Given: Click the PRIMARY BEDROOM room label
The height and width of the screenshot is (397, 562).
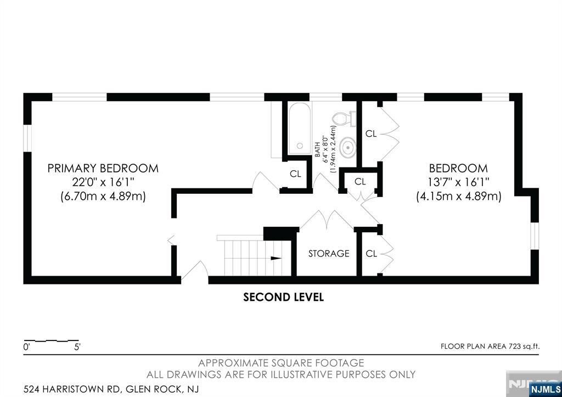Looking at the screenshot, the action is (x=103, y=168).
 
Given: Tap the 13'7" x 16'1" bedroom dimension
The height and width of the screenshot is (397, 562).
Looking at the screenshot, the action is (x=458, y=182).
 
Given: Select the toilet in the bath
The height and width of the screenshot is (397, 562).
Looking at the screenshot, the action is (x=344, y=119).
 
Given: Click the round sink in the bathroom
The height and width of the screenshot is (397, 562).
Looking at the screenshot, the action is (x=347, y=147).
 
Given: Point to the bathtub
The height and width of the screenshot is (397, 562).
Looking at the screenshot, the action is (x=300, y=128).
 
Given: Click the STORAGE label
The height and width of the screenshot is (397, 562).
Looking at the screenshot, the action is (x=329, y=254).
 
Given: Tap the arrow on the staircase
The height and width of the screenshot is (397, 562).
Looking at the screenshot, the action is (x=276, y=258).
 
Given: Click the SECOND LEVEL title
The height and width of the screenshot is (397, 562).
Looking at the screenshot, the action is (x=284, y=297).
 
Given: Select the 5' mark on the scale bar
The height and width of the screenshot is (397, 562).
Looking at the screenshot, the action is (x=77, y=347).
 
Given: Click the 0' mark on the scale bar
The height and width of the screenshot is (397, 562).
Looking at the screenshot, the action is (x=26, y=347).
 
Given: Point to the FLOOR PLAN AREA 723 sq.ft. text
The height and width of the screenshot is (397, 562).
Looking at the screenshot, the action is (x=490, y=346).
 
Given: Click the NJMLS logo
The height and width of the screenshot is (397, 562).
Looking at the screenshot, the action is (x=545, y=389).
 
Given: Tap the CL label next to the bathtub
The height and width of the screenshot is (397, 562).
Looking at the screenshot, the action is (x=295, y=174).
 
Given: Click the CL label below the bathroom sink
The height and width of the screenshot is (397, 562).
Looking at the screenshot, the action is (x=360, y=181).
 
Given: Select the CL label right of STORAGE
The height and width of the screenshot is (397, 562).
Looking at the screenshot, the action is (x=372, y=254).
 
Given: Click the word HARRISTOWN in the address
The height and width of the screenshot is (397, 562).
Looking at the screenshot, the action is (x=73, y=389).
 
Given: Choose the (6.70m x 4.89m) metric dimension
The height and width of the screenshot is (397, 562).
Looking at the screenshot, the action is (x=103, y=197).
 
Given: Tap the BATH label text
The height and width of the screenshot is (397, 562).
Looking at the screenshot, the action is (x=317, y=149).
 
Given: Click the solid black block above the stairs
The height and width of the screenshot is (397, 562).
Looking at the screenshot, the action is (x=281, y=233).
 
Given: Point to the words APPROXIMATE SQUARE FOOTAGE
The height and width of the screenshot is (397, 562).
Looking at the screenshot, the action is (x=281, y=363).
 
